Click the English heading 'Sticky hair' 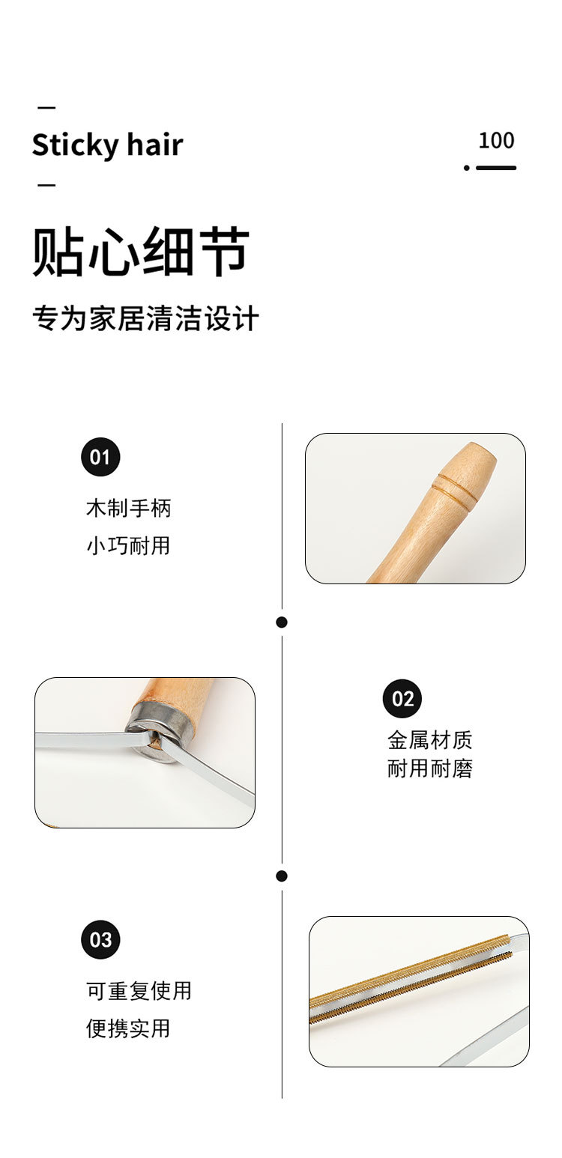click(107, 145)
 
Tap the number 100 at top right click(496, 140)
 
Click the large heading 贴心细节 click(141, 252)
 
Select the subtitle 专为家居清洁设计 click(145, 318)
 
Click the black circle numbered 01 click(100, 457)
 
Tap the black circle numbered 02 click(402, 699)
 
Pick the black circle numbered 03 click(100, 940)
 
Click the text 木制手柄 click(129, 508)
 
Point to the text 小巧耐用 click(129, 545)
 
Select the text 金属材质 click(430, 740)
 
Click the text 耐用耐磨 click(430, 769)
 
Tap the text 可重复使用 click(139, 990)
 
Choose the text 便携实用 click(129, 1028)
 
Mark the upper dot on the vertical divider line click(282, 622)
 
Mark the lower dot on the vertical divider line click(282, 876)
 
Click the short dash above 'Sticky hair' click(46, 107)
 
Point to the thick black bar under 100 click(496, 168)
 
